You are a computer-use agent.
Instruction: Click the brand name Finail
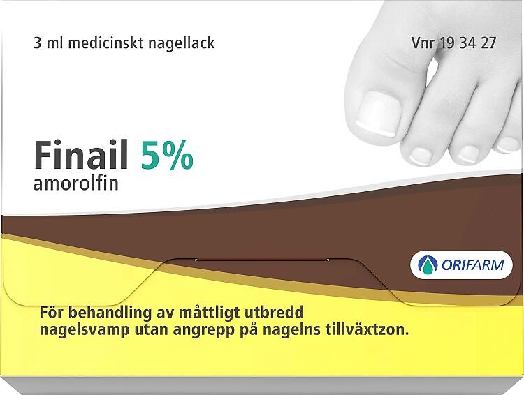point(81,155)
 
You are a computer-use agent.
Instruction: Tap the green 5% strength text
point(167,156)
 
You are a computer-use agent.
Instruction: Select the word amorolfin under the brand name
point(76,184)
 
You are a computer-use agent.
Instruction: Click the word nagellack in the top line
point(181,43)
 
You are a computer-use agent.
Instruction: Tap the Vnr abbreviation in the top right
point(423,43)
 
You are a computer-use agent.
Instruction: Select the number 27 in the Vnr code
point(488,43)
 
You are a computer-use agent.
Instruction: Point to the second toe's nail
point(422,155)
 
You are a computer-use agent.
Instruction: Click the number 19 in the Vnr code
point(446,43)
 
